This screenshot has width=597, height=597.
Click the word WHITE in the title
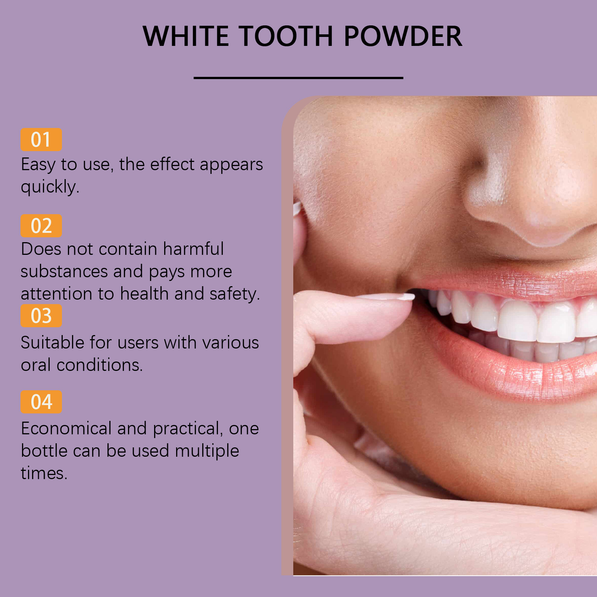tap(185, 36)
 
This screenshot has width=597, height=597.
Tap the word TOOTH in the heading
tap(286, 36)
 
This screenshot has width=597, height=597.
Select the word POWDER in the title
tap(403, 36)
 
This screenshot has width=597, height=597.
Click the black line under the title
tap(298, 78)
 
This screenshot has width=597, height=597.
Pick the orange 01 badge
tap(41, 140)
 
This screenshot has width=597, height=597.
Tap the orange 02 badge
tap(41, 226)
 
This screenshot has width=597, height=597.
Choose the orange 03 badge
tap(41, 316)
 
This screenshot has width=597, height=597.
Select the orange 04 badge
tap(41, 402)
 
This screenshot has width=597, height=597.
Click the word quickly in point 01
tap(50, 187)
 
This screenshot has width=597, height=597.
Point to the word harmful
tap(193, 249)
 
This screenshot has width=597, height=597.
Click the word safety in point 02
tap(234, 294)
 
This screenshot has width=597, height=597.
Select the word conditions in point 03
tap(100, 365)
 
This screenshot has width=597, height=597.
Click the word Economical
tap(66, 428)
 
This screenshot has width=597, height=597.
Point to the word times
tap(44, 473)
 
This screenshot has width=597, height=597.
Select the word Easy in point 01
tap(38, 165)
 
